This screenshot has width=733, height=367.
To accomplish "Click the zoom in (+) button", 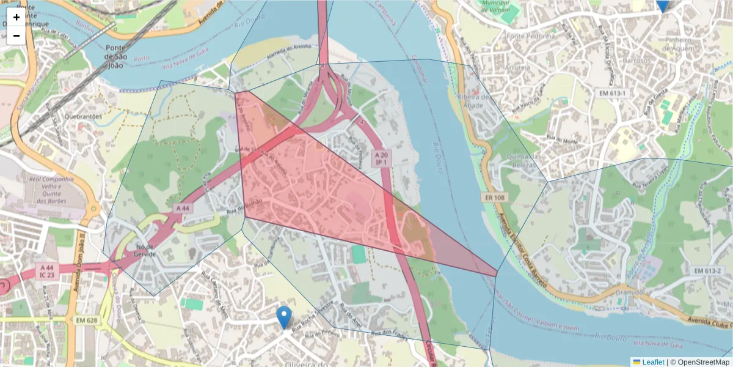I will (16, 17).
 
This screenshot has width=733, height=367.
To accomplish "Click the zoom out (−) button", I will (16, 35).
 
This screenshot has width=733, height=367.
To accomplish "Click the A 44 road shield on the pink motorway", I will (183, 208).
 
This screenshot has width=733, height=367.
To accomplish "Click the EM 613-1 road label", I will (612, 92).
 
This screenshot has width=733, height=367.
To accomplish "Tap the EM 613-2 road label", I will (708, 270).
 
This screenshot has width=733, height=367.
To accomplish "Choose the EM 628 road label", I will (87, 320).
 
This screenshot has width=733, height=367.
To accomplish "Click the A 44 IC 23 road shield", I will (47, 271).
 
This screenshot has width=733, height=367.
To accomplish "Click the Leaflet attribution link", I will (653, 362).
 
